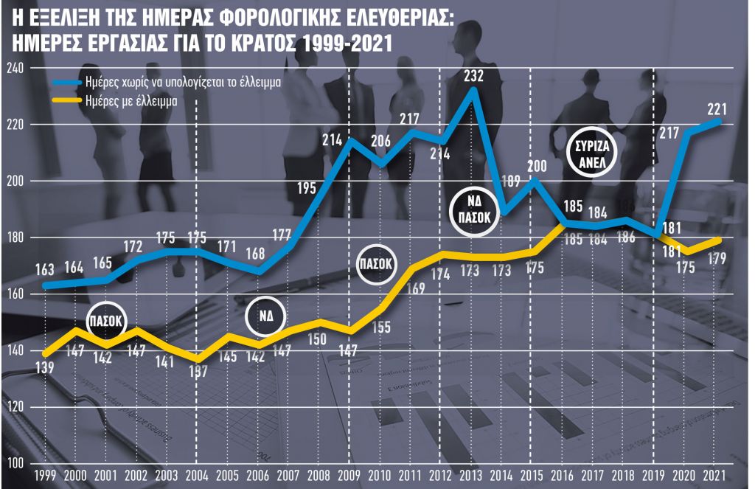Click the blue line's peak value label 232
click(474, 75)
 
